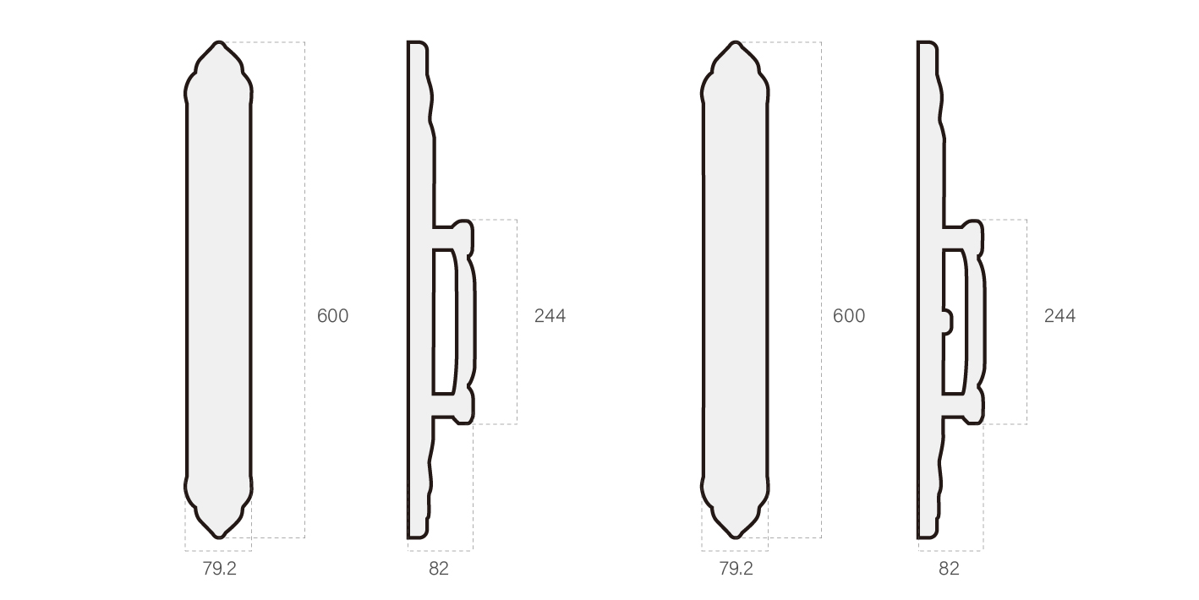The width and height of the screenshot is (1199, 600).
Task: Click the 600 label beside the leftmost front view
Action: click(x=332, y=316)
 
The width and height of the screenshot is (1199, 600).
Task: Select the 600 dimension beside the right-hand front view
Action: click(x=849, y=316)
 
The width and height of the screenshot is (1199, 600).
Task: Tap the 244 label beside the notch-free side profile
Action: click(x=550, y=316)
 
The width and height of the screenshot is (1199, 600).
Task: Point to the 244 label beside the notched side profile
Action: click(x=1059, y=316)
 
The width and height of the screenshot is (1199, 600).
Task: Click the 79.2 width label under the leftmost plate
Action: click(x=219, y=569)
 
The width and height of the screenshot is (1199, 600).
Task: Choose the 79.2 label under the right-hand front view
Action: click(x=736, y=569)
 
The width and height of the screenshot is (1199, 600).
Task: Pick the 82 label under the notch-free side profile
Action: click(x=439, y=569)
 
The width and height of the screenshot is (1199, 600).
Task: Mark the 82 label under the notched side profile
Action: click(x=949, y=569)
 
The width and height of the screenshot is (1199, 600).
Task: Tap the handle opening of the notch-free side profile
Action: click(x=445, y=321)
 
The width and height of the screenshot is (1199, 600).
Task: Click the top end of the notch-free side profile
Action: click(x=417, y=44)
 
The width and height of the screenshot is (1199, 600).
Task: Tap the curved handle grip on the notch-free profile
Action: click(x=470, y=321)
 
